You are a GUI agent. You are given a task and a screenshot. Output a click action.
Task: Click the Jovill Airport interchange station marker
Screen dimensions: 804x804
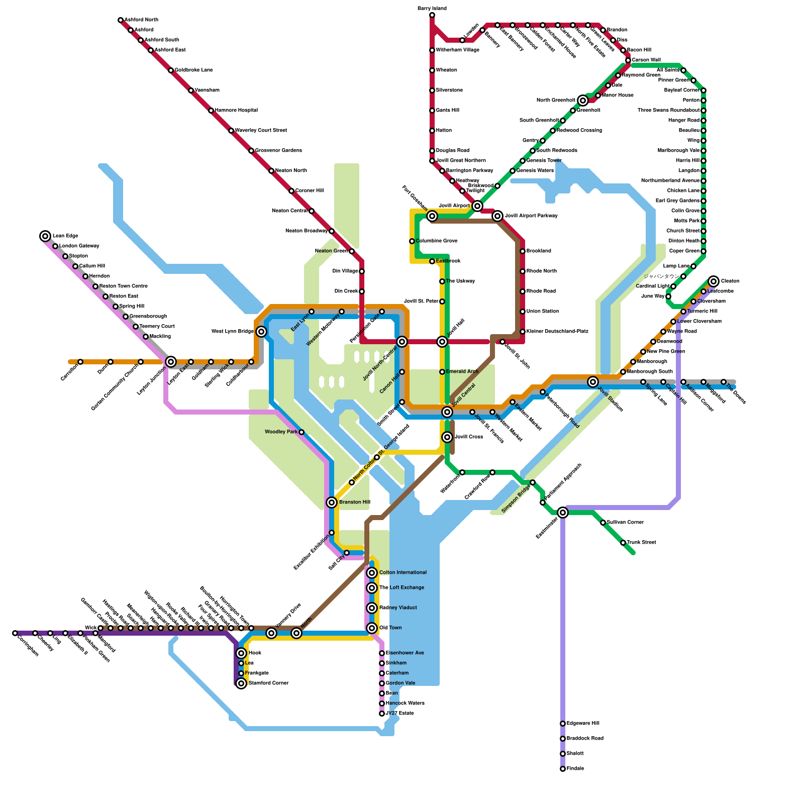click(x=477, y=206)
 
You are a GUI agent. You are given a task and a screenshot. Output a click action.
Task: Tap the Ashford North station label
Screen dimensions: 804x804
click(x=141, y=20)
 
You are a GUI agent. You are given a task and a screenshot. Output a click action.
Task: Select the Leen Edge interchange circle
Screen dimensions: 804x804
click(x=45, y=236)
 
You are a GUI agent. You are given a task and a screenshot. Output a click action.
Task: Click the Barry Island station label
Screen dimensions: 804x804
click(x=432, y=9)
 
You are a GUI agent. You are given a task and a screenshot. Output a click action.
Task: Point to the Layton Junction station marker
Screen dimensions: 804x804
click(x=171, y=362)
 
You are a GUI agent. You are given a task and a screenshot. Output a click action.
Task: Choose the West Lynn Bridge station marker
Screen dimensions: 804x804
click(x=261, y=332)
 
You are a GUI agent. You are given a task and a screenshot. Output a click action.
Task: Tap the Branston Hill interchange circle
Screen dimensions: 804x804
click(x=332, y=502)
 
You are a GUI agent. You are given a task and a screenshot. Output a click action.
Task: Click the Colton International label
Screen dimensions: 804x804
click(x=403, y=573)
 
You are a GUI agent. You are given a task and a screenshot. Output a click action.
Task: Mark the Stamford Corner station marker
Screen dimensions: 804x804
click(x=241, y=683)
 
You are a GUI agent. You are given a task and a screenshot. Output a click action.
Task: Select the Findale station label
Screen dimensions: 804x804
click(x=575, y=769)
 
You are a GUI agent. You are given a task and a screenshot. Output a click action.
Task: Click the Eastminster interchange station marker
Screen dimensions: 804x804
click(x=563, y=513)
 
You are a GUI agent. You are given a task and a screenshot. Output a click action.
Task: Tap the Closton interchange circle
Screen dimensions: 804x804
click(x=714, y=281)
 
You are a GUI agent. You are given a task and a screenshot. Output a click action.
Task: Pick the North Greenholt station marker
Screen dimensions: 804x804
click(x=583, y=100)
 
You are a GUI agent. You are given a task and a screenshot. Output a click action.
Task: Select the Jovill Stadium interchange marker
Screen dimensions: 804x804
click(x=593, y=382)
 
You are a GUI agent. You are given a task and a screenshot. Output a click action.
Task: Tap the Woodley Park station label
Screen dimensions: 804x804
click(x=281, y=432)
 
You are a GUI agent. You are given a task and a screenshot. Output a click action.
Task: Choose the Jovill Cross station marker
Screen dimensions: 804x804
click(x=447, y=437)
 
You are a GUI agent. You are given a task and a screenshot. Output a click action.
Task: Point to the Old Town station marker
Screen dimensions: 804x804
click(x=372, y=628)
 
